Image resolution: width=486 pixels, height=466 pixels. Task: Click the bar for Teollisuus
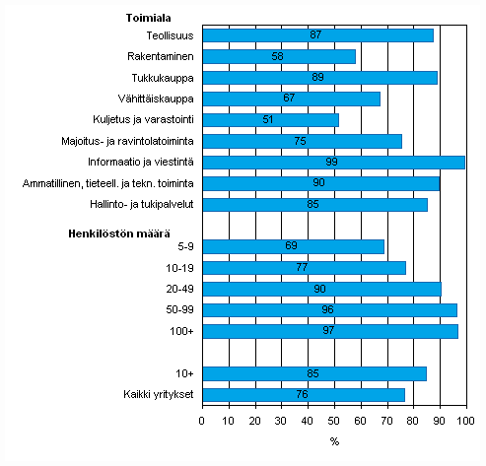coord(317,35)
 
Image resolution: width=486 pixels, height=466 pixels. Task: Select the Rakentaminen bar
coord(279,56)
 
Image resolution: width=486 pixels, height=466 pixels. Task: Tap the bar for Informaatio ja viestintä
coord(333,162)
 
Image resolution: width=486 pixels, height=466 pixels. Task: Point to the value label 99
coord(332,162)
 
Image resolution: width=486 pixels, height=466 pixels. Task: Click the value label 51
coord(269,119)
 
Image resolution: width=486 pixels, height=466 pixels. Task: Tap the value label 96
coord(328,309)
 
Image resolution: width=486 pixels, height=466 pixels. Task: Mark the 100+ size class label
coord(182,331)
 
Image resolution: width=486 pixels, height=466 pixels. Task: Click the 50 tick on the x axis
coord(334,422)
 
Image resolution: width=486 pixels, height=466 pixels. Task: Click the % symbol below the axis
coord(334,440)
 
